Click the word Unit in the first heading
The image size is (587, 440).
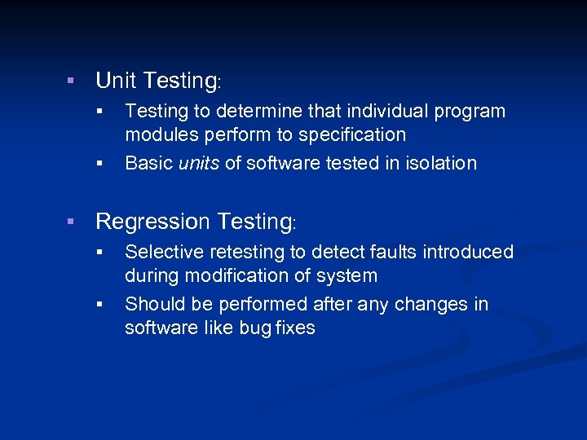[x=117, y=81]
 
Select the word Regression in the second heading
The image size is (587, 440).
[x=153, y=222]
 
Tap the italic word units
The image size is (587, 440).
[x=198, y=163]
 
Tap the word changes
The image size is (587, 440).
[x=429, y=305]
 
